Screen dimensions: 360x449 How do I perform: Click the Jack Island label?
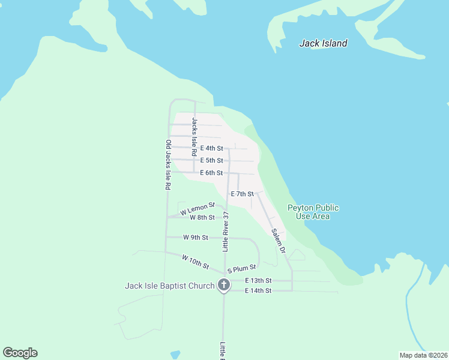[323, 43]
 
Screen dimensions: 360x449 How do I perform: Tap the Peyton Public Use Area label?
[313, 212]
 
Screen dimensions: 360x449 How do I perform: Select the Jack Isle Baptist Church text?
[169, 286]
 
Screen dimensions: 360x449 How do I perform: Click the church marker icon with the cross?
[224, 285]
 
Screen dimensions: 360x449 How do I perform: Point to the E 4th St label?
[211, 148]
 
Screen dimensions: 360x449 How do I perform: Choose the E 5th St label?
[211, 160]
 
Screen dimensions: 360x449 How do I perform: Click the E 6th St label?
[211, 173]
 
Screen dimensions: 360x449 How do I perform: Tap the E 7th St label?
[243, 194]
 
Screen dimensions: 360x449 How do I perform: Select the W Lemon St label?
[197, 209]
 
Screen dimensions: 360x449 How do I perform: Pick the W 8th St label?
[202, 217]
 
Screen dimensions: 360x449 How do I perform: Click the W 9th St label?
[196, 238]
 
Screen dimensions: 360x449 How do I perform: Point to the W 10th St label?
[196, 262]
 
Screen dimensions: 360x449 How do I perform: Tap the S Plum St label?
[241, 268]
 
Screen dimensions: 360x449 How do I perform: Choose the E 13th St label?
[259, 280]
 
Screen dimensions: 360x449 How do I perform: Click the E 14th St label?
[259, 290]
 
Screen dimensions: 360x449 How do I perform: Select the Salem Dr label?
[277, 240]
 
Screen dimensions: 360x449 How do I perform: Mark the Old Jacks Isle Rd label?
[169, 165]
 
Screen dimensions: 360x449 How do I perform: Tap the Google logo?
[20, 353]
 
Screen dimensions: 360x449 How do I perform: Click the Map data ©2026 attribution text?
[423, 355]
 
